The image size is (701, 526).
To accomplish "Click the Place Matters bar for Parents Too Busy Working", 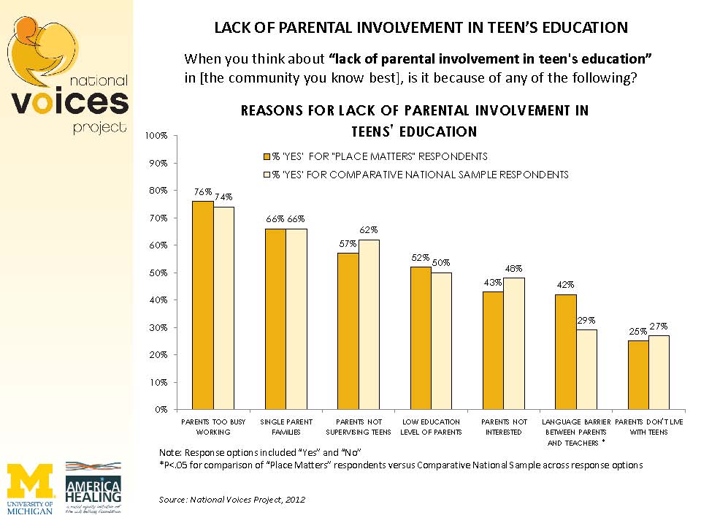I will (x=202, y=305).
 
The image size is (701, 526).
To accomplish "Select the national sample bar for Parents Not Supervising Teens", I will (x=369, y=324).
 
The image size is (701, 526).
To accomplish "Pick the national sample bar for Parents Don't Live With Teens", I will (x=659, y=372).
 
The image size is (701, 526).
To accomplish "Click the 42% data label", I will (x=566, y=285).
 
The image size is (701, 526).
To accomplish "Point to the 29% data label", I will (x=587, y=320).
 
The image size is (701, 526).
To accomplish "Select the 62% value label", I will (x=369, y=230).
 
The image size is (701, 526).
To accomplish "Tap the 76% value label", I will (x=202, y=192).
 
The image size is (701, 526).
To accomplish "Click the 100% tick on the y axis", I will (x=157, y=136).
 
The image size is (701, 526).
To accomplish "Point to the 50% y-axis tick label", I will (x=158, y=272).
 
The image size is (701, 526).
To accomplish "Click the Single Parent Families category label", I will (x=286, y=427).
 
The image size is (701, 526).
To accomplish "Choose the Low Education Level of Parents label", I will (x=430, y=427).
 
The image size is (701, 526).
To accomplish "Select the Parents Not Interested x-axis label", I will (x=503, y=427).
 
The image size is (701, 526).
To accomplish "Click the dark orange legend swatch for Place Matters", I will (x=267, y=156).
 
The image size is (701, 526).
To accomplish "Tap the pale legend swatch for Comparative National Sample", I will (x=267, y=175).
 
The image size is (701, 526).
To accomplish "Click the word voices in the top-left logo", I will (x=70, y=102).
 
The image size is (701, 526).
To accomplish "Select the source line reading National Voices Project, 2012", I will (x=231, y=500).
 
